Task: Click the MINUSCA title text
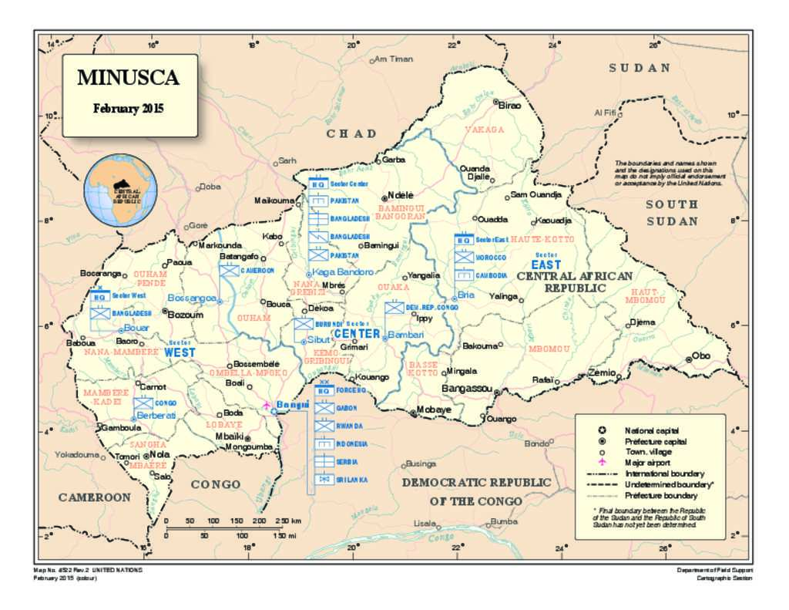(x=128, y=78)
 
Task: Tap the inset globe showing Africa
(x=122, y=190)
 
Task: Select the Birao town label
(x=511, y=105)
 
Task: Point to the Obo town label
(x=701, y=356)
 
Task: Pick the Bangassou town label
(x=467, y=389)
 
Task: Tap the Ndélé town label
(x=401, y=195)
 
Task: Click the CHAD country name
(x=351, y=133)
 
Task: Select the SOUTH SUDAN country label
(x=672, y=213)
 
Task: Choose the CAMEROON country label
(x=95, y=497)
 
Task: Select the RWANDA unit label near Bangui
(x=349, y=426)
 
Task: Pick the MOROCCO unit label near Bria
(x=491, y=257)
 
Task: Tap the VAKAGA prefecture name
(x=485, y=130)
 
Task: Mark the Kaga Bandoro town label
(x=344, y=273)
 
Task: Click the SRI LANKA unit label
(x=352, y=479)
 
